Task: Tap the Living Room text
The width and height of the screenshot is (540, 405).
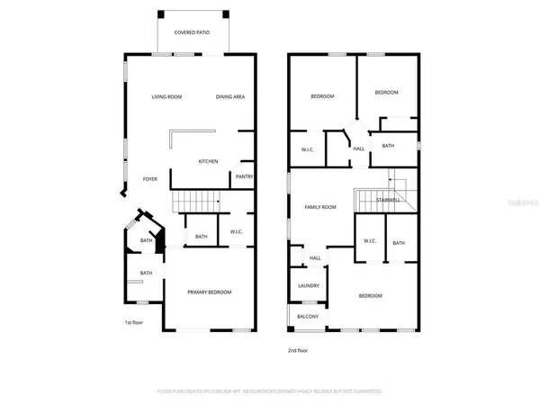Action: [x=166, y=96]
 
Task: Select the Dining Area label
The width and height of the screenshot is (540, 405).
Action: [x=230, y=96]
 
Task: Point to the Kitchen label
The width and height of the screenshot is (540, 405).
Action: [x=208, y=161]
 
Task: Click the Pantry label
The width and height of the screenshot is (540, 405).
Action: [x=244, y=176]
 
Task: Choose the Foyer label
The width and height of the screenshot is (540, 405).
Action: [x=150, y=178]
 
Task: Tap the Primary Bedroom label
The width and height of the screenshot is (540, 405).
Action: [x=209, y=292]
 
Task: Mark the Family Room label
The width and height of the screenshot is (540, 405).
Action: [x=319, y=207]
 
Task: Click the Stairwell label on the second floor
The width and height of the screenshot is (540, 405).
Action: [x=390, y=200]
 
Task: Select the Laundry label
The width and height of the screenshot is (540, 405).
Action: [x=309, y=286]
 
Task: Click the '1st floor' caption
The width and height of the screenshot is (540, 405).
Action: [x=133, y=322]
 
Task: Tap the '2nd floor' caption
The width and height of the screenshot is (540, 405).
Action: [x=297, y=349]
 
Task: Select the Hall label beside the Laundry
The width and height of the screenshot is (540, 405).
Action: [x=315, y=258]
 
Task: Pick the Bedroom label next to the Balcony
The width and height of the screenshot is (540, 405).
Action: [x=371, y=296]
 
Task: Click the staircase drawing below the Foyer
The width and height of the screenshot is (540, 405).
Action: [x=195, y=200]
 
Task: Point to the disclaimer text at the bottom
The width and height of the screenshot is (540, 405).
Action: [x=270, y=391]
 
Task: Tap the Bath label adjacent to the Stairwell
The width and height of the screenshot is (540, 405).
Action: [x=398, y=242]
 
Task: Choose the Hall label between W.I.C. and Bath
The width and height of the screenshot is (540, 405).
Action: [x=358, y=149]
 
